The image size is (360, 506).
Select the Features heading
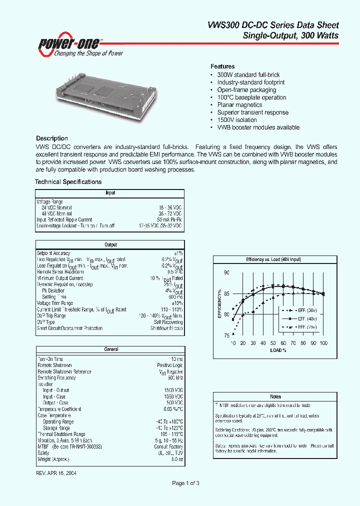tap(222, 66)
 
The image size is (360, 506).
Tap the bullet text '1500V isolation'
tap(237, 120)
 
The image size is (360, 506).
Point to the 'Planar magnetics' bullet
tap(239, 105)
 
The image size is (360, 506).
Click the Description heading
tap(52, 138)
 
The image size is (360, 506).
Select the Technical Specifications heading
tap(68, 182)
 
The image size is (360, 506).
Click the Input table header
tap(110, 192)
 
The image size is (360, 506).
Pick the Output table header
tap(110, 244)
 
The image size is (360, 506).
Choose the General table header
tap(110, 349)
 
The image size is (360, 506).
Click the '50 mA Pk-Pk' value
tap(169, 219)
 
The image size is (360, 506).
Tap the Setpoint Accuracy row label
tap(54, 253)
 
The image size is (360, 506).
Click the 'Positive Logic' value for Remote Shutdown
tap(169, 365)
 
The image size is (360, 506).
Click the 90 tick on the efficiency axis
tap(226, 272)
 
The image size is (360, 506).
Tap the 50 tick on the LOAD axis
tap(273, 343)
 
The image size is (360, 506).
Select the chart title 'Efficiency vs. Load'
tap(273, 260)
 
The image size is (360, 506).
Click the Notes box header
tap(275, 396)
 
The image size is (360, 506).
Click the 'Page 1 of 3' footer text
tap(185, 483)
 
